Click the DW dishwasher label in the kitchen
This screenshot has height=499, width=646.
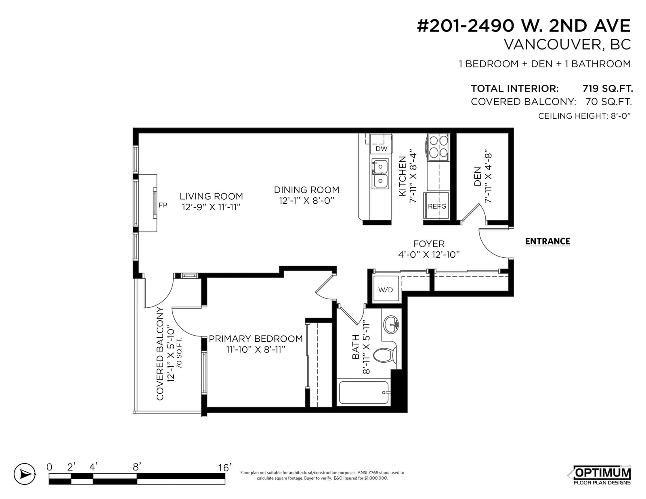(x=381, y=148)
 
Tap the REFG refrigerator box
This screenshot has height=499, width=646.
(x=436, y=206)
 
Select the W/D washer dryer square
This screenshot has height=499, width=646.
(x=386, y=289)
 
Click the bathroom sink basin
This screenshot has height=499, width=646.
(x=391, y=325)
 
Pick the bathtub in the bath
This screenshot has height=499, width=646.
(x=364, y=393)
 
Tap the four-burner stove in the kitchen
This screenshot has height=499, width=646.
(x=438, y=147)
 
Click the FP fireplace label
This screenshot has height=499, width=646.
(x=163, y=205)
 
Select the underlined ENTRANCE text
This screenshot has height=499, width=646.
(x=547, y=242)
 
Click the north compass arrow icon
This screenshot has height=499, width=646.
(x=25, y=474)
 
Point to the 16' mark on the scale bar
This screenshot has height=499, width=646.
(x=225, y=468)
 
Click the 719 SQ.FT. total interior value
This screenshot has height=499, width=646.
(x=607, y=88)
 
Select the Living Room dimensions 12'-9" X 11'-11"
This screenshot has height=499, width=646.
(x=211, y=207)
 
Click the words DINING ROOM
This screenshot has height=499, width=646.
(x=306, y=190)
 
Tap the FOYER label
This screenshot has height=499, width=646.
(x=429, y=244)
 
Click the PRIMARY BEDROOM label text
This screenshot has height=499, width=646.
(x=256, y=338)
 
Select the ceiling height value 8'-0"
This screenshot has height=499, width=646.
(x=621, y=116)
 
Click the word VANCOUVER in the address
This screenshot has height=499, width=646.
(x=553, y=44)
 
